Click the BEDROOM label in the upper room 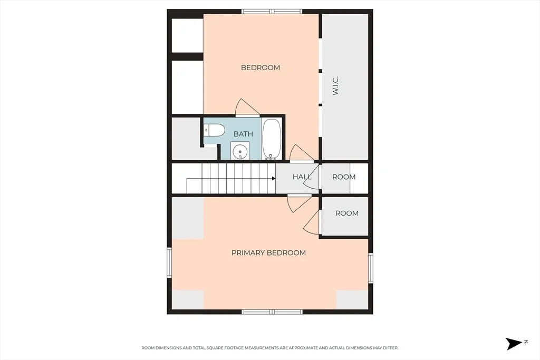pyautogui.click(x=261, y=67)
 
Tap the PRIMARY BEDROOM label pyautogui.click(x=268, y=253)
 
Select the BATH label pyautogui.click(x=243, y=134)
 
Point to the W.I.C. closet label pyautogui.click(x=336, y=86)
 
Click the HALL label pyautogui.click(x=302, y=177)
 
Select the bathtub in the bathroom pyautogui.click(x=272, y=139)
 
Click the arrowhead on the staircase pyautogui.click(x=274, y=178)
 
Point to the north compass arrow pyautogui.click(x=514, y=344)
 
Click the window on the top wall pyautogui.click(x=272, y=12)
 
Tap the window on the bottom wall pyautogui.click(x=272, y=312)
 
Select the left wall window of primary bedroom pyautogui.click(x=169, y=262)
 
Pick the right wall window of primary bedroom pyautogui.click(x=371, y=268)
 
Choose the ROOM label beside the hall pyautogui.click(x=344, y=177)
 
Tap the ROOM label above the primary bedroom pyautogui.click(x=347, y=213)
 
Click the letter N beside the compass pyautogui.click(x=526, y=342)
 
